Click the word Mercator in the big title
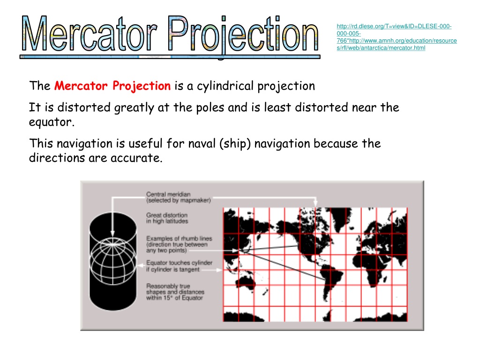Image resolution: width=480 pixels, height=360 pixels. tap(90, 34)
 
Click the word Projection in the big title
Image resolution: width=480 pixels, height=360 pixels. tap(243, 35)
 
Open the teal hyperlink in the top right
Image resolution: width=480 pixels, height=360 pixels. tap(397, 37)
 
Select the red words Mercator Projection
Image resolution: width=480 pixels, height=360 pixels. tap(112, 86)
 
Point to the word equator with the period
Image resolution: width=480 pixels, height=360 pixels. tap(52, 122)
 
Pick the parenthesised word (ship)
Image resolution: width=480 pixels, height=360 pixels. tap(235, 143)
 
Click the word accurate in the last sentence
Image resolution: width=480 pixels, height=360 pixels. tap(136, 158)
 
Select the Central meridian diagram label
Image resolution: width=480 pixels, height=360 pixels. tap(179, 197)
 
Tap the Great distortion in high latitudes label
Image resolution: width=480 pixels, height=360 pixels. tap(167, 218)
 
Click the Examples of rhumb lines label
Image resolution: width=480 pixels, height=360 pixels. tap(179, 244)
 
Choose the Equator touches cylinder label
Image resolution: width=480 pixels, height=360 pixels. tap(179, 266)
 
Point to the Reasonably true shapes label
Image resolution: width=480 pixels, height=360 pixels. tap(175, 292)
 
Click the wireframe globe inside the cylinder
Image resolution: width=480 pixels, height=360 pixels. tap(113, 261)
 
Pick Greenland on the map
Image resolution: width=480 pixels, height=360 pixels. tap(340, 218)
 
